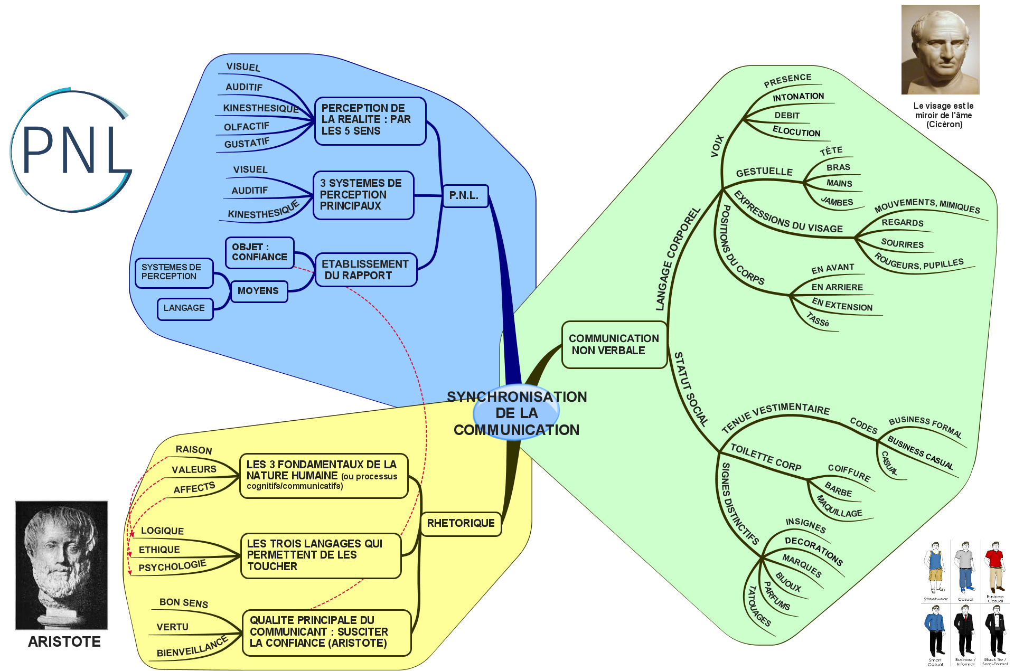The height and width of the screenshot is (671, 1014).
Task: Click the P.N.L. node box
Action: (465, 196)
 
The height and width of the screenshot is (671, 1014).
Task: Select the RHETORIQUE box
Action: (461, 523)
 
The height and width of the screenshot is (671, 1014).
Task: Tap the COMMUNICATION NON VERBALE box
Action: (614, 344)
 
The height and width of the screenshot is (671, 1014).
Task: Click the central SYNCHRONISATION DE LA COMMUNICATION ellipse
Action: (516, 413)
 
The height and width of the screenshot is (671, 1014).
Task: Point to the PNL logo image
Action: (70, 150)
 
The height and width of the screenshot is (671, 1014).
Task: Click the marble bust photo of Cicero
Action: (940, 50)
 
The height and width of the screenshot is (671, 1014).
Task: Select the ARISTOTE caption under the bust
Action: (64, 641)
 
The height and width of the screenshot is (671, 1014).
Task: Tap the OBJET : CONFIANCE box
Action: (259, 252)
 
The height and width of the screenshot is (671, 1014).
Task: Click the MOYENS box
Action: (258, 291)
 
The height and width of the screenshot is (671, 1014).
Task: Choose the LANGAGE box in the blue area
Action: (184, 308)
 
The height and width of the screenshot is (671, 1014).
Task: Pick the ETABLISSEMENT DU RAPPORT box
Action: (365, 270)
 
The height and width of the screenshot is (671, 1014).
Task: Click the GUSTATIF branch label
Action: (247, 143)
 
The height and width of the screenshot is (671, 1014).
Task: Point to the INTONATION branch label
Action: (798, 97)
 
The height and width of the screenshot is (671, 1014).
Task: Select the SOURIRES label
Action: (902, 244)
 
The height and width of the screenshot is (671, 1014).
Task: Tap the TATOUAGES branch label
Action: (759, 606)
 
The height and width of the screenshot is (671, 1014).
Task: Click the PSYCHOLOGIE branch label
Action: (172, 566)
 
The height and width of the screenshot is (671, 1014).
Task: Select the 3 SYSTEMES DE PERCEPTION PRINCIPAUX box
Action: (363, 195)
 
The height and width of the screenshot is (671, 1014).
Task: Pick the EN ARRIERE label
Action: (837, 287)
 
